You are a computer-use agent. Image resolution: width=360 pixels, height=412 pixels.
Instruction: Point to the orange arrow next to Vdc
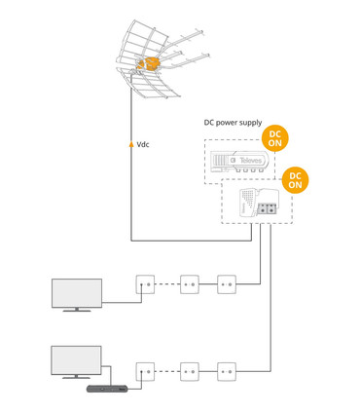[131, 144]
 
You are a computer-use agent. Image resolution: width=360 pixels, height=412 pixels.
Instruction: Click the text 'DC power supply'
[234, 123]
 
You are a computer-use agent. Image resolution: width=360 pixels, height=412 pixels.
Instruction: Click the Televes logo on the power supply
[254, 156]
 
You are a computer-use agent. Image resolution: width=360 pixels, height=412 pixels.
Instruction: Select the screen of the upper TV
[76, 292]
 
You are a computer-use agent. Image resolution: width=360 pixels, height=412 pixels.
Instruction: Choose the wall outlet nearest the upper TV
[144, 284]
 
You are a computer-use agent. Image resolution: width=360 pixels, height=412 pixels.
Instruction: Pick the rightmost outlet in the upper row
[227, 284]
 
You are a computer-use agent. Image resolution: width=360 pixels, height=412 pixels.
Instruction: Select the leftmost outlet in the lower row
[144, 371]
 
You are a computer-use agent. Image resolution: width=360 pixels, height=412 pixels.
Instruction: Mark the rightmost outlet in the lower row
[227, 371]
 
